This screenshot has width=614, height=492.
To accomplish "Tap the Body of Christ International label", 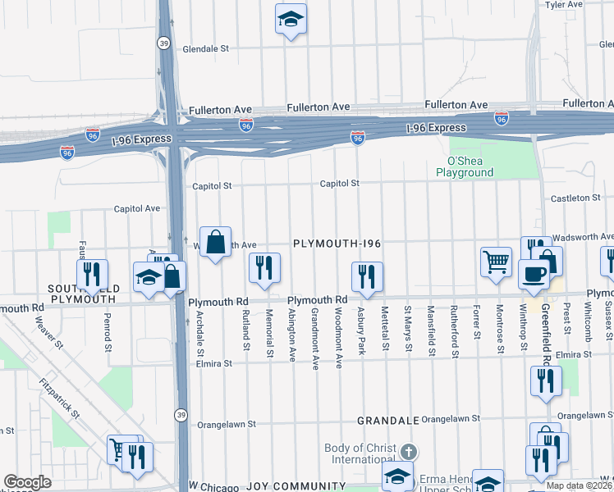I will (361, 453).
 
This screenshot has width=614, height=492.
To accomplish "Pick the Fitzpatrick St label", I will (60, 399).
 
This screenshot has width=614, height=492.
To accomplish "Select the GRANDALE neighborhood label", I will (388, 420).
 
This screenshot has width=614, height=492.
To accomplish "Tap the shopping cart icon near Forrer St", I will (497, 262).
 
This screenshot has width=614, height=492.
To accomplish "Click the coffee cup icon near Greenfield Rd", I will (534, 274).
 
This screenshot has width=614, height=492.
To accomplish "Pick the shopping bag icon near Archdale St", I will (215, 242).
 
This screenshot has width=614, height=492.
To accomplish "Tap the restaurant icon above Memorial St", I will (264, 268).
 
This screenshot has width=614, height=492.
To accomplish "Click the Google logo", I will (27, 482).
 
